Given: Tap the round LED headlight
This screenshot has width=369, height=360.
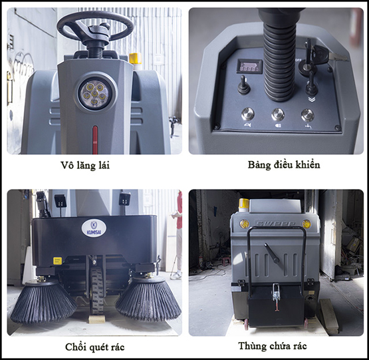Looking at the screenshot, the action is pyautogui.click(x=94, y=94).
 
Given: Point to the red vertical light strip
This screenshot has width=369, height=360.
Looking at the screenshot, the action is pyautogui.click(x=95, y=140).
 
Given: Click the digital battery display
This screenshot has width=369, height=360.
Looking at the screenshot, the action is pyautogui.click(x=249, y=67).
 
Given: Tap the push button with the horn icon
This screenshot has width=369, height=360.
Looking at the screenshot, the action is pyautogui.click(x=247, y=114).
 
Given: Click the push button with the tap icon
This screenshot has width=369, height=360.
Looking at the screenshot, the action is pyautogui.click(x=308, y=115).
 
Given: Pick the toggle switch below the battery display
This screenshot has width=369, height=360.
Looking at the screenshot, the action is pyautogui.click(x=243, y=85).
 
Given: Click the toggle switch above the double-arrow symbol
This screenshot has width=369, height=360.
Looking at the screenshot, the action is pyautogui.click(x=310, y=84).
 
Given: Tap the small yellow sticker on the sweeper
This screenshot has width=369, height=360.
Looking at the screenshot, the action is pyautogui.click(x=57, y=261).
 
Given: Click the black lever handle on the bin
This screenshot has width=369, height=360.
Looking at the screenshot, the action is pyautogui.click(x=273, y=254).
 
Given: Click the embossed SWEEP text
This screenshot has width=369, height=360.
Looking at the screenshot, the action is pyautogui.click(x=275, y=224).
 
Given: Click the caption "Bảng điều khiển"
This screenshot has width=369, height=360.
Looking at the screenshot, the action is pyautogui.click(x=284, y=165).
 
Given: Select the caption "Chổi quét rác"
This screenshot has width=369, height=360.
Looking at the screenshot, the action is pyautogui.click(x=94, y=347).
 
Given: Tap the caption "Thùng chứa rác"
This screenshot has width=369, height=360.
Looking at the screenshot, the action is pyautogui.click(x=273, y=346).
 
